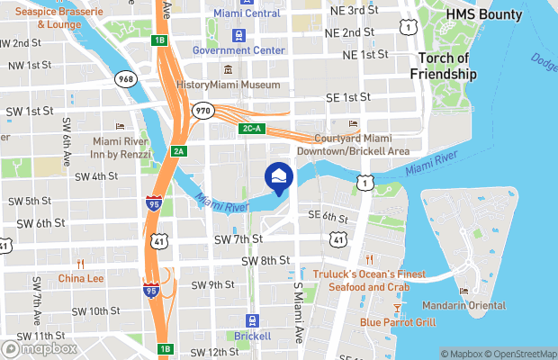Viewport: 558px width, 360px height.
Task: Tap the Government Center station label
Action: [239, 50]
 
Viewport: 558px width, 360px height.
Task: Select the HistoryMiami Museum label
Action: [228, 85]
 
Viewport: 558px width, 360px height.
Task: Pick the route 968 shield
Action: [125, 80]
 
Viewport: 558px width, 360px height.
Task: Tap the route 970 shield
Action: [202, 110]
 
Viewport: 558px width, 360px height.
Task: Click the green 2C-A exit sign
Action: [251, 129]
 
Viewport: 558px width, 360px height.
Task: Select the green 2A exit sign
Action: [179, 151]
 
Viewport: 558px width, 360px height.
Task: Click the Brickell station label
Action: [252, 336]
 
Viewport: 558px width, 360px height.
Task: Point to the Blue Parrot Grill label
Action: [398, 321]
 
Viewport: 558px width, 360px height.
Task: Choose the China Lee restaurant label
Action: [81, 278]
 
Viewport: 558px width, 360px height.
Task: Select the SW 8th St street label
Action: [265, 261]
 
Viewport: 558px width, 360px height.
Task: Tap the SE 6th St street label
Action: [328, 216]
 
